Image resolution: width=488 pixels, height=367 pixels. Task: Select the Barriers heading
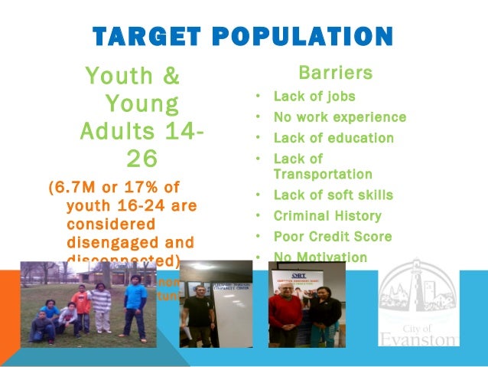pyautogui.click(x=335, y=74)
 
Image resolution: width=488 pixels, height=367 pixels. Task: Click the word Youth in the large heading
pyautogui.click(x=123, y=77)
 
